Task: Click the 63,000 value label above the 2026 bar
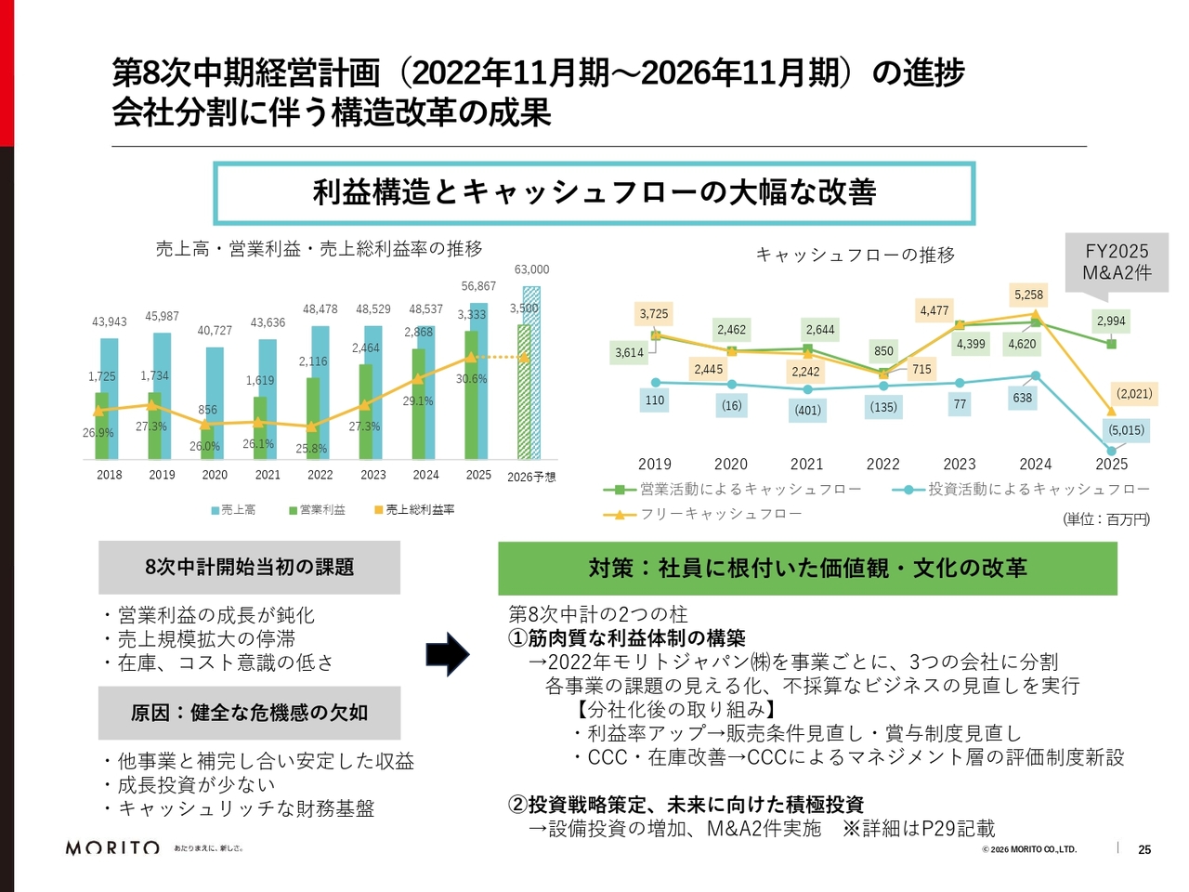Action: pyautogui.click(x=531, y=269)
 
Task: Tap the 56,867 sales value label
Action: pyautogui.click(x=478, y=286)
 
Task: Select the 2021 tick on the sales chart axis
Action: pyautogui.click(x=268, y=475)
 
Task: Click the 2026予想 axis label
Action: pyautogui.click(x=531, y=477)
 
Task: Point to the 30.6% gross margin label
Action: pyautogui.click(x=471, y=379)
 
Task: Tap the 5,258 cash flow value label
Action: pyautogui.click(x=1028, y=295)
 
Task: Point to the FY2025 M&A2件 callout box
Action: pyautogui.click(x=1117, y=262)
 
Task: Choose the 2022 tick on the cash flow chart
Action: pyautogui.click(x=882, y=465)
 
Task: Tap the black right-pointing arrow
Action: pyautogui.click(x=448, y=654)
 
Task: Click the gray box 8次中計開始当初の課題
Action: pyautogui.click(x=249, y=568)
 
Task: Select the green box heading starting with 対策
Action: pyautogui.click(x=807, y=569)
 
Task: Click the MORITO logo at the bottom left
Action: pyautogui.click(x=112, y=847)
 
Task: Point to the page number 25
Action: pyautogui.click(x=1144, y=849)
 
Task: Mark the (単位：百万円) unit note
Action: pyautogui.click(x=1105, y=519)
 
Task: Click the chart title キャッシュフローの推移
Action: pyautogui.click(x=855, y=255)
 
